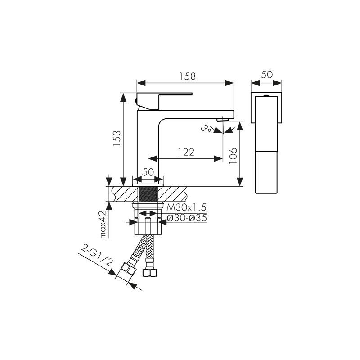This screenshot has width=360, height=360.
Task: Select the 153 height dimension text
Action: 116,139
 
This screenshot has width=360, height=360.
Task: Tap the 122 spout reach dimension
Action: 185,152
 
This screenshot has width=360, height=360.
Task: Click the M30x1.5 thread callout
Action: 186,207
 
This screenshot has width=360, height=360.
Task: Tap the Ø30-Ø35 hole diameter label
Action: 186,218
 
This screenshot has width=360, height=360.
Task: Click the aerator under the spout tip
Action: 223,120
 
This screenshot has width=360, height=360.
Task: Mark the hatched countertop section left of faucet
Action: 121,194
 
